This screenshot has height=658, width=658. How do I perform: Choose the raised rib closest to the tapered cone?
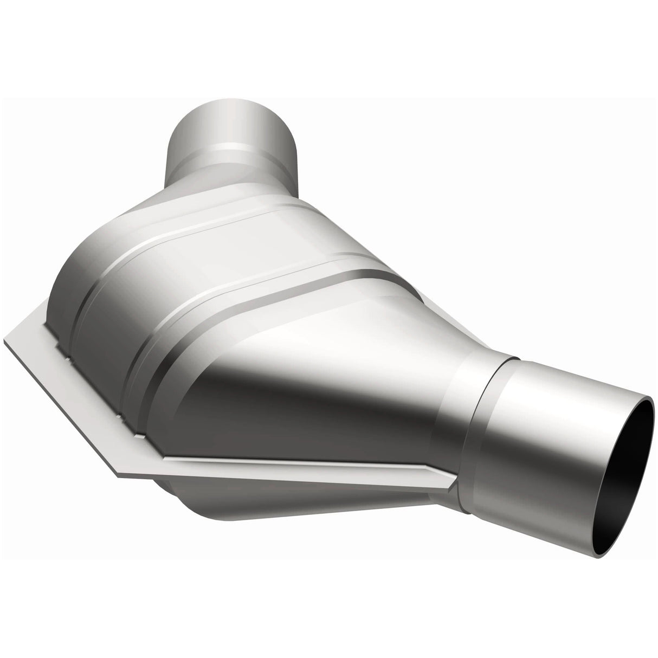[163, 358]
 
